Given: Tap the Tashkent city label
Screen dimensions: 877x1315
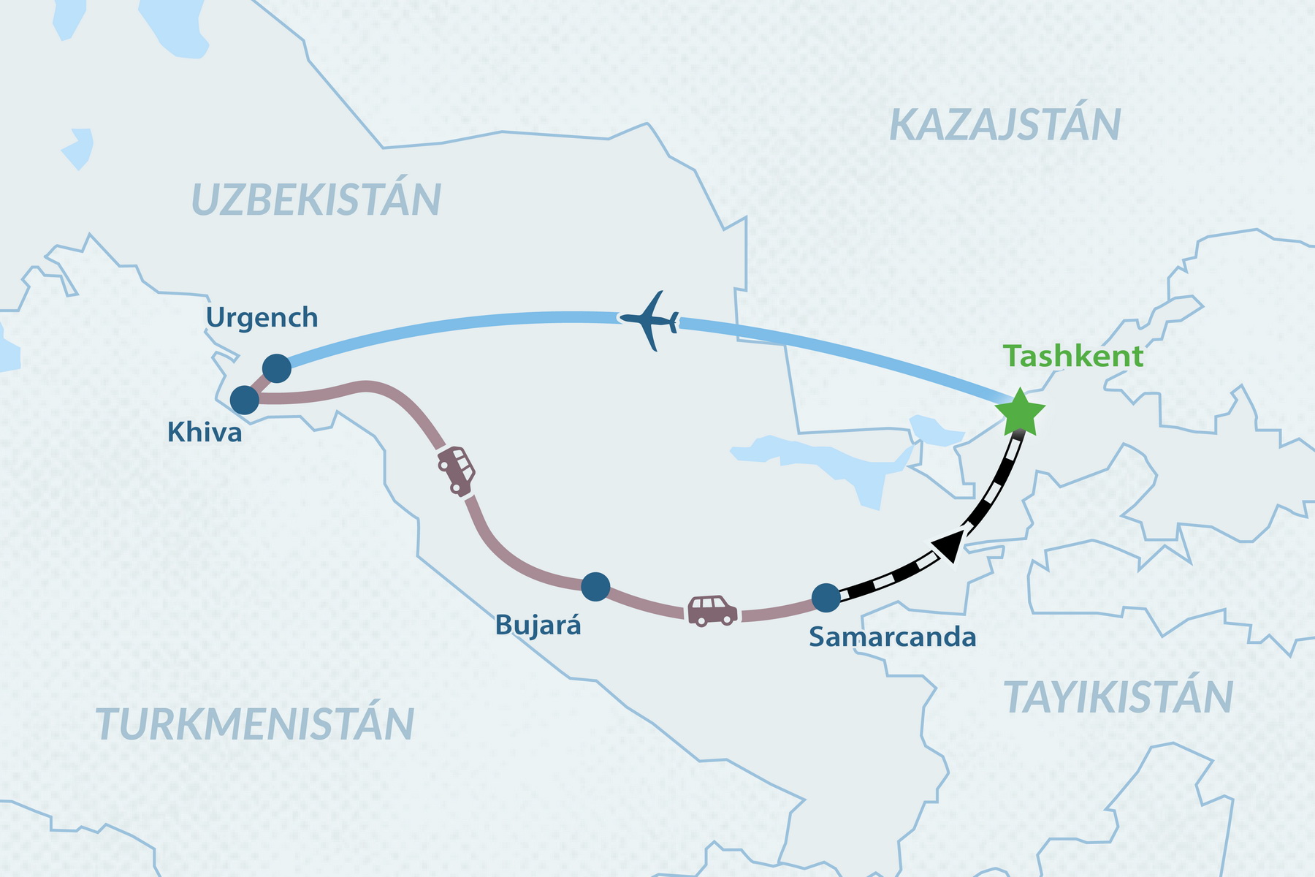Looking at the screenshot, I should coord(1072,357).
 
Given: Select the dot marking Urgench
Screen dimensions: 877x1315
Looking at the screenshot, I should coord(277,368).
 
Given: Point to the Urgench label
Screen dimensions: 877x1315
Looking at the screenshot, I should coord(262,318).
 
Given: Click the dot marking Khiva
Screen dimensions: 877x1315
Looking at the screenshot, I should coord(245,400).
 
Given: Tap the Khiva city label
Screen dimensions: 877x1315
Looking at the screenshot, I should coord(205,433).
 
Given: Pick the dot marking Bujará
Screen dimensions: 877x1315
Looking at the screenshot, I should coord(595,586).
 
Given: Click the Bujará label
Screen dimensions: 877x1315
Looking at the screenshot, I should coord(538,626).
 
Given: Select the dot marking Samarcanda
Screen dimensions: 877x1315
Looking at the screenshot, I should coord(826,598).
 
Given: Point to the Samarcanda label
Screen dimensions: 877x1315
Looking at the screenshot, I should coord(892,637).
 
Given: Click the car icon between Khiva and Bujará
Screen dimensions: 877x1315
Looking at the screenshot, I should coord(457,470).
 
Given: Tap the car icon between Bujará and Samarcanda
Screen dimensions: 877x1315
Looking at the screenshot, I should coord(712,611).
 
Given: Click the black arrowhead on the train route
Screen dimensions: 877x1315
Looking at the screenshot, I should coord(947,546).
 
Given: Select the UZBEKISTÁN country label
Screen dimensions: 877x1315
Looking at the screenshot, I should coord(316,200).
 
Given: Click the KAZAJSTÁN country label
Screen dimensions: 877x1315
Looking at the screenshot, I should coord(1005,125).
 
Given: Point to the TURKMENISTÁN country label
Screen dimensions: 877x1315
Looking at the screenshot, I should coord(255,724).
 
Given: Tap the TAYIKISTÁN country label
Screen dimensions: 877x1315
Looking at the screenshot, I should coord(1118,697).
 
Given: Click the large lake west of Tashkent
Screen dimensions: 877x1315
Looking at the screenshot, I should coord(826,460).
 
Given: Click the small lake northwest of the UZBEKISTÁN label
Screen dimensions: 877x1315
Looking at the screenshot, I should coord(77,148).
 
